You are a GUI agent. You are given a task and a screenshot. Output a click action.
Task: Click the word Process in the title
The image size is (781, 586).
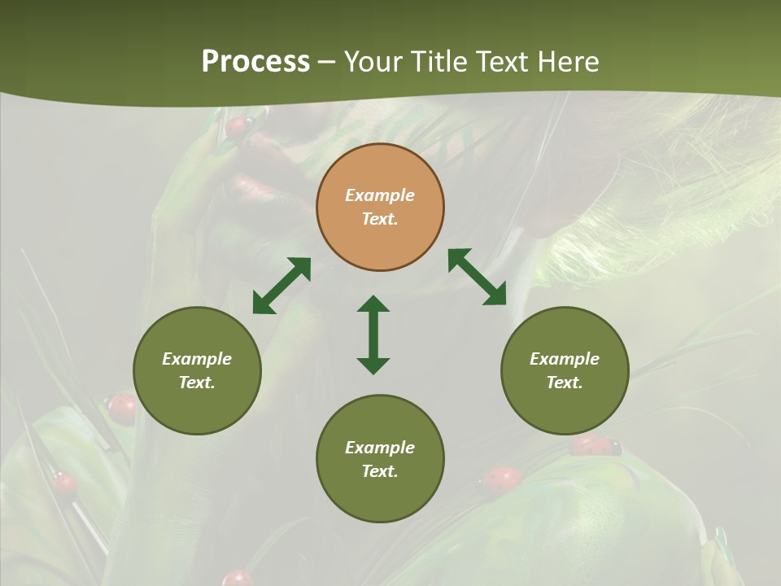(x=255, y=62)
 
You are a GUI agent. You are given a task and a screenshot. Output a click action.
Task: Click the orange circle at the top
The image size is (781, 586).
(x=380, y=207)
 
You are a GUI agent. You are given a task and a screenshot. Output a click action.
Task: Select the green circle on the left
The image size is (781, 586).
(x=197, y=370)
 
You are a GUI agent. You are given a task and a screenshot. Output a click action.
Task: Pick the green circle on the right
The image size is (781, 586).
(x=565, y=370)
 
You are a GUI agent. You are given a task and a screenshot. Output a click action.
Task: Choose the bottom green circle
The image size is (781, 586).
(x=380, y=459)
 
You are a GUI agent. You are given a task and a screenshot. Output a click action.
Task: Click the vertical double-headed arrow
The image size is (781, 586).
(x=373, y=335)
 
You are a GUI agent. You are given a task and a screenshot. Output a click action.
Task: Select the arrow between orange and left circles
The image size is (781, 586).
(x=281, y=285)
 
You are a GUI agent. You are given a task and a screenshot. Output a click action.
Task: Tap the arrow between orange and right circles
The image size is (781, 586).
(x=477, y=277)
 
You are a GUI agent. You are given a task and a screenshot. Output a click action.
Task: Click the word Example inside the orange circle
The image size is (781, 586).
(x=380, y=195)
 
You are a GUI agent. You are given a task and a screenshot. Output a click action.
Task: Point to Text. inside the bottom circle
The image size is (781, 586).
(x=380, y=471)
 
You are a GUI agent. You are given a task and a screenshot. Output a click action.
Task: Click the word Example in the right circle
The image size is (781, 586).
(x=565, y=359)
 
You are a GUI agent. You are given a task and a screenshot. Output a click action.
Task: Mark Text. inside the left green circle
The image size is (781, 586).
(x=197, y=383)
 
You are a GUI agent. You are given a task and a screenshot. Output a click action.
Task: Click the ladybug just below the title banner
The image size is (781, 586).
(x=237, y=126)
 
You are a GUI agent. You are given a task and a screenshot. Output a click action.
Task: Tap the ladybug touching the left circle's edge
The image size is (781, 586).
(x=122, y=407)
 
